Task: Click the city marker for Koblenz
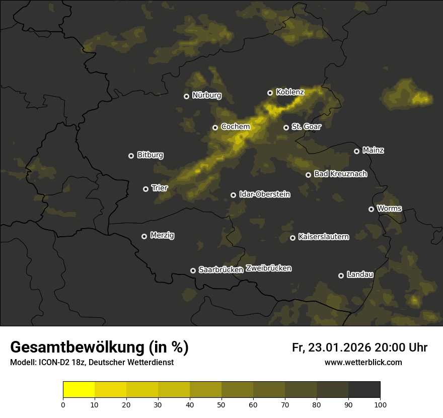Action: click(x=270, y=93)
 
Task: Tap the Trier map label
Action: click(x=160, y=188)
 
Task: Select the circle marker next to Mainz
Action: click(x=357, y=151)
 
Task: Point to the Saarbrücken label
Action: click(x=221, y=269)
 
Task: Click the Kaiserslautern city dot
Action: click(x=292, y=238)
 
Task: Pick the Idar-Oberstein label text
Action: click(x=265, y=194)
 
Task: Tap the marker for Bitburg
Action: click(x=131, y=156)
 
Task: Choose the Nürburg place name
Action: click(x=206, y=95)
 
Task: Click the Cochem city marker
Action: click(x=215, y=127)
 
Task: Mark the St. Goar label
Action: click(x=306, y=126)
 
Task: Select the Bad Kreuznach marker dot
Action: click(x=309, y=175)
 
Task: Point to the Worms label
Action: click(x=389, y=208)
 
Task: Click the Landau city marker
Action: click(x=341, y=275)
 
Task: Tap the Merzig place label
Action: click(x=162, y=235)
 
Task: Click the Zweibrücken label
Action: click(x=269, y=268)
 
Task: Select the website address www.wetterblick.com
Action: click(x=363, y=362)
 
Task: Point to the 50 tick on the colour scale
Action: click(x=221, y=404)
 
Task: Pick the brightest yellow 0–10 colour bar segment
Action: click(x=79, y=390)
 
